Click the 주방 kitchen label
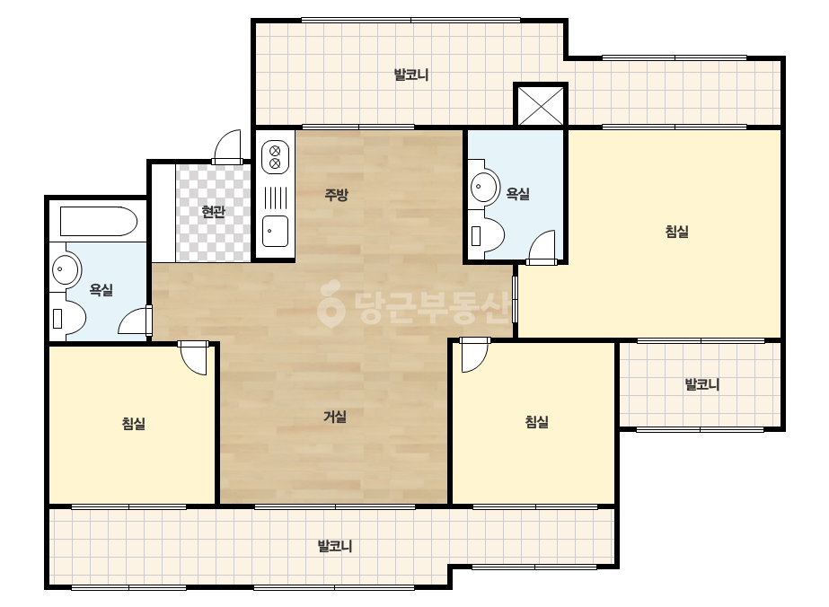(336, 195)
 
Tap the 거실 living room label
(335, 417)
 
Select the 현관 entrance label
(214, 212)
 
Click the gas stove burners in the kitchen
(275, 156)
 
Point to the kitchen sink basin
(276, 231)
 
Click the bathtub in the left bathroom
(99, 221)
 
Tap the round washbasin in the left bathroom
(66, 269)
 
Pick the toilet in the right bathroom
(487, 235)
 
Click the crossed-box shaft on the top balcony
(541, 105)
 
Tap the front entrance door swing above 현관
(228, 147)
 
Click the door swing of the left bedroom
(194, 358)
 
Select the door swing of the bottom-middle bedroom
(473, 356)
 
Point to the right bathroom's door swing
(542, 247)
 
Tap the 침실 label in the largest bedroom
(676, 231)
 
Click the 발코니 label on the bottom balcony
(335, 546)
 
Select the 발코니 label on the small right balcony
(702, 384)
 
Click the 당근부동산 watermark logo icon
(331, 304)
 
